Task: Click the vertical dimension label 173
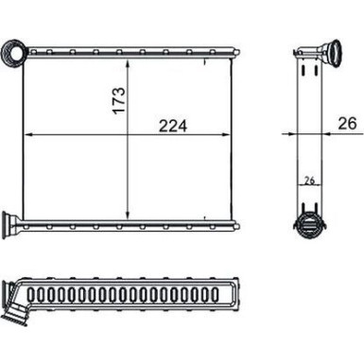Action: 116,99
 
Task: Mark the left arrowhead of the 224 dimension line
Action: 26,134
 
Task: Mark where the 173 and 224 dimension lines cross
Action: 130,134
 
